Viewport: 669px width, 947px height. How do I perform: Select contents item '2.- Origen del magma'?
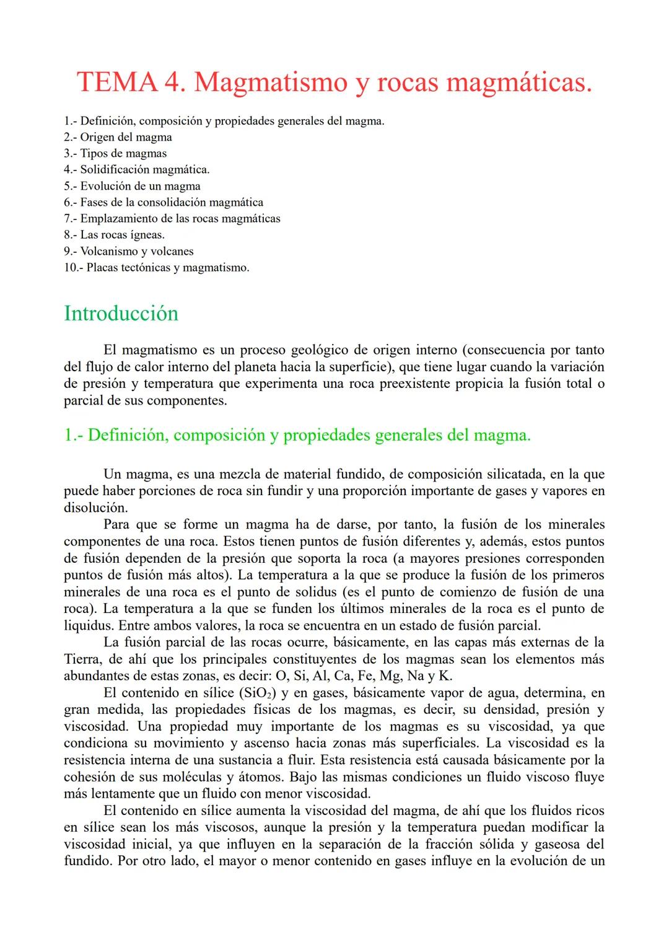pos(118,137)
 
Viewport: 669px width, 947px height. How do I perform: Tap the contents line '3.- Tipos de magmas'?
pos(115,153)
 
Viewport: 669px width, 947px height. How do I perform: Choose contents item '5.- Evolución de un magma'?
pos(132,186)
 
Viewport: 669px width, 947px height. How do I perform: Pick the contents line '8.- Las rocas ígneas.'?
pos(114,235)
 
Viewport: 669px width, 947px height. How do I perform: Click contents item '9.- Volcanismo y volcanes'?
pos(128,251)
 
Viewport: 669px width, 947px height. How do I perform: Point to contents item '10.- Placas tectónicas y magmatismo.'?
pos(156,268)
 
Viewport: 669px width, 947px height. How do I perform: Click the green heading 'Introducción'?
pos(121,313)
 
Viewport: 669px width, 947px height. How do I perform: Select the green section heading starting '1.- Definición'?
pos(297,435)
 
